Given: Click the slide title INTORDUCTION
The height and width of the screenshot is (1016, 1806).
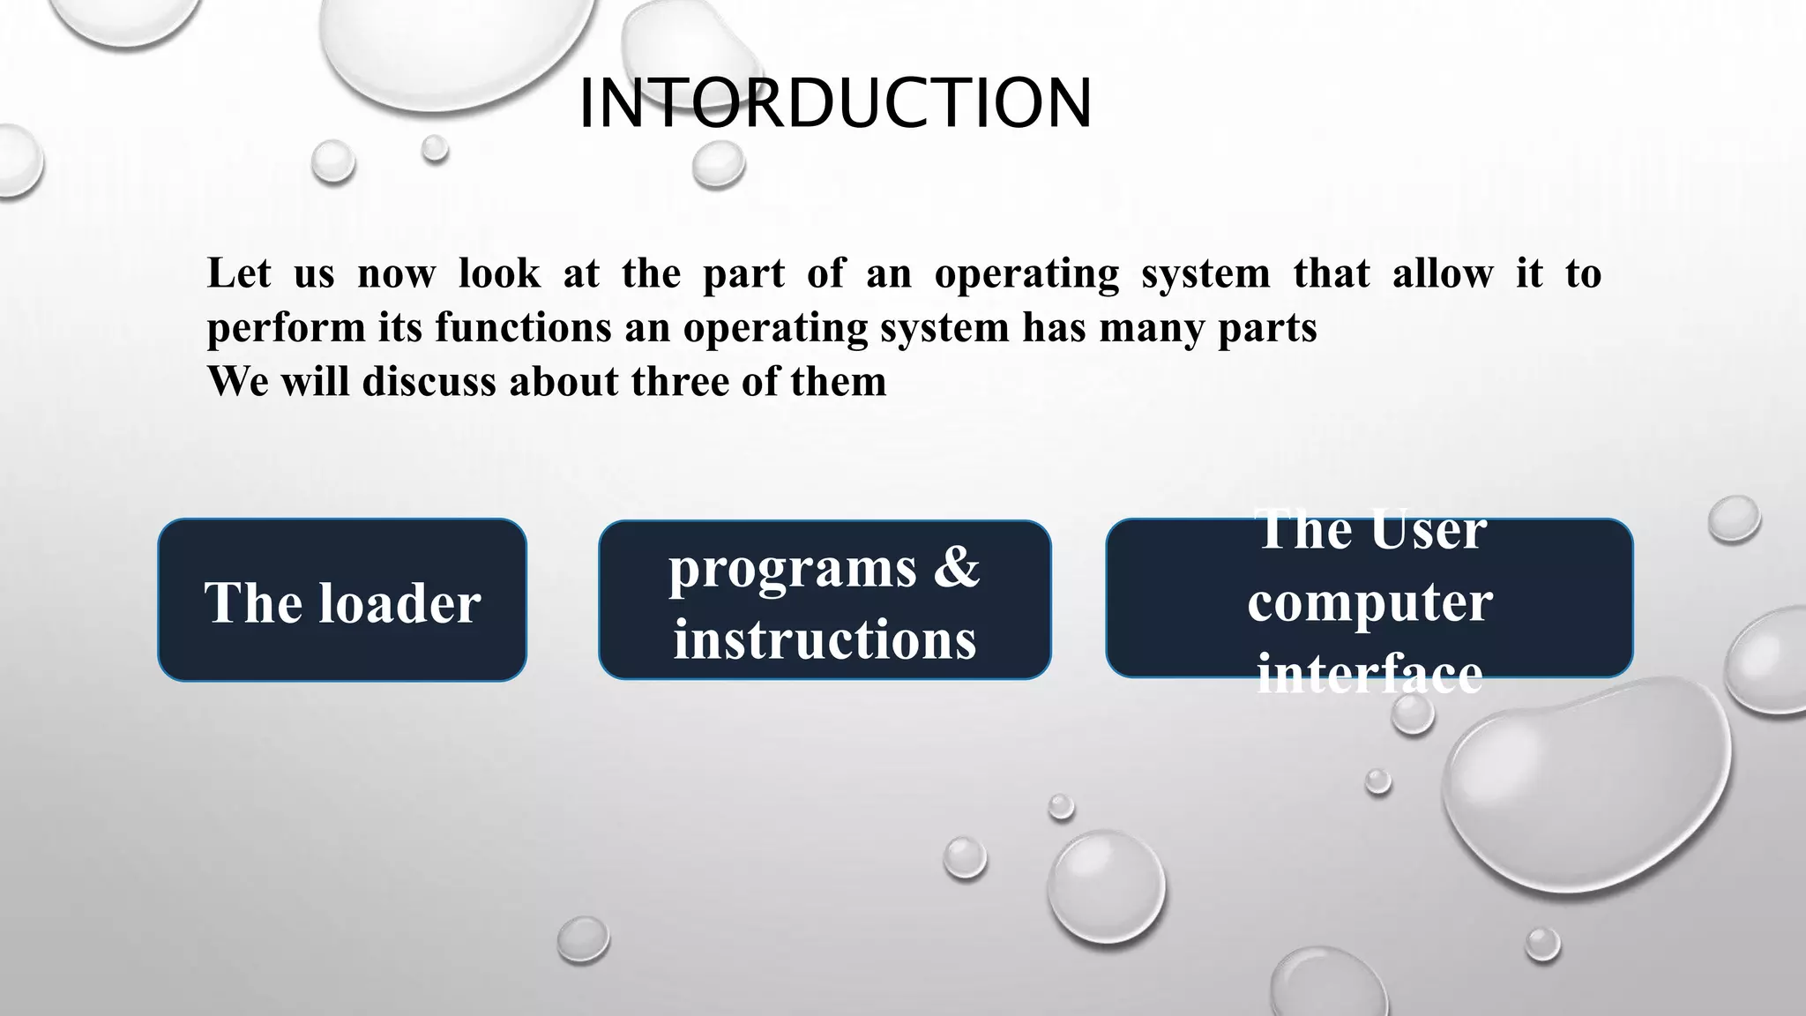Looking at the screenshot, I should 834,104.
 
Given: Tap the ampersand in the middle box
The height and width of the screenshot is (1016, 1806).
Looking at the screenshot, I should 956,566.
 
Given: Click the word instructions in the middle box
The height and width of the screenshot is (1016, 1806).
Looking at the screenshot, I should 825,639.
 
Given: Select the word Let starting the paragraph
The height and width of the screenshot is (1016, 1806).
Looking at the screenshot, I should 238,273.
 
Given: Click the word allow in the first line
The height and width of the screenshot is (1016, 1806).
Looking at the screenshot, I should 1442,273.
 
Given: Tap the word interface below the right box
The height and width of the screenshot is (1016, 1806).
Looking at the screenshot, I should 1369,675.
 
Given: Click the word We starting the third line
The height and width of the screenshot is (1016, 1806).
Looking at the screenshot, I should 237,382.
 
